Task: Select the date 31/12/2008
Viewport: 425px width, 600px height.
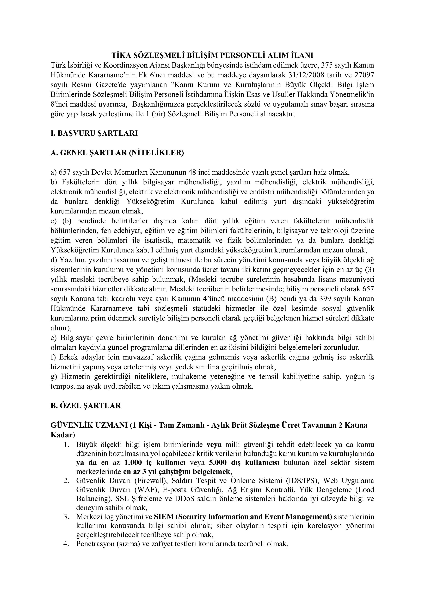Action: point(306,75)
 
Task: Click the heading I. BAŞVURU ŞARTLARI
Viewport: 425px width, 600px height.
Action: point(94,133)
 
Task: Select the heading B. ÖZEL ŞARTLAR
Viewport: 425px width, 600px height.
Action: point(86,406)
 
